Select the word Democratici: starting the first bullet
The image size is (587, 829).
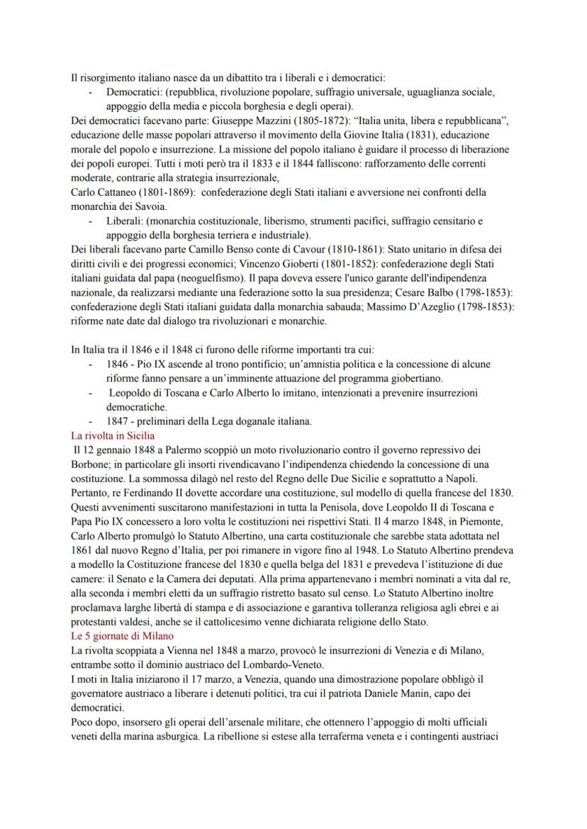click(135, 93)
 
